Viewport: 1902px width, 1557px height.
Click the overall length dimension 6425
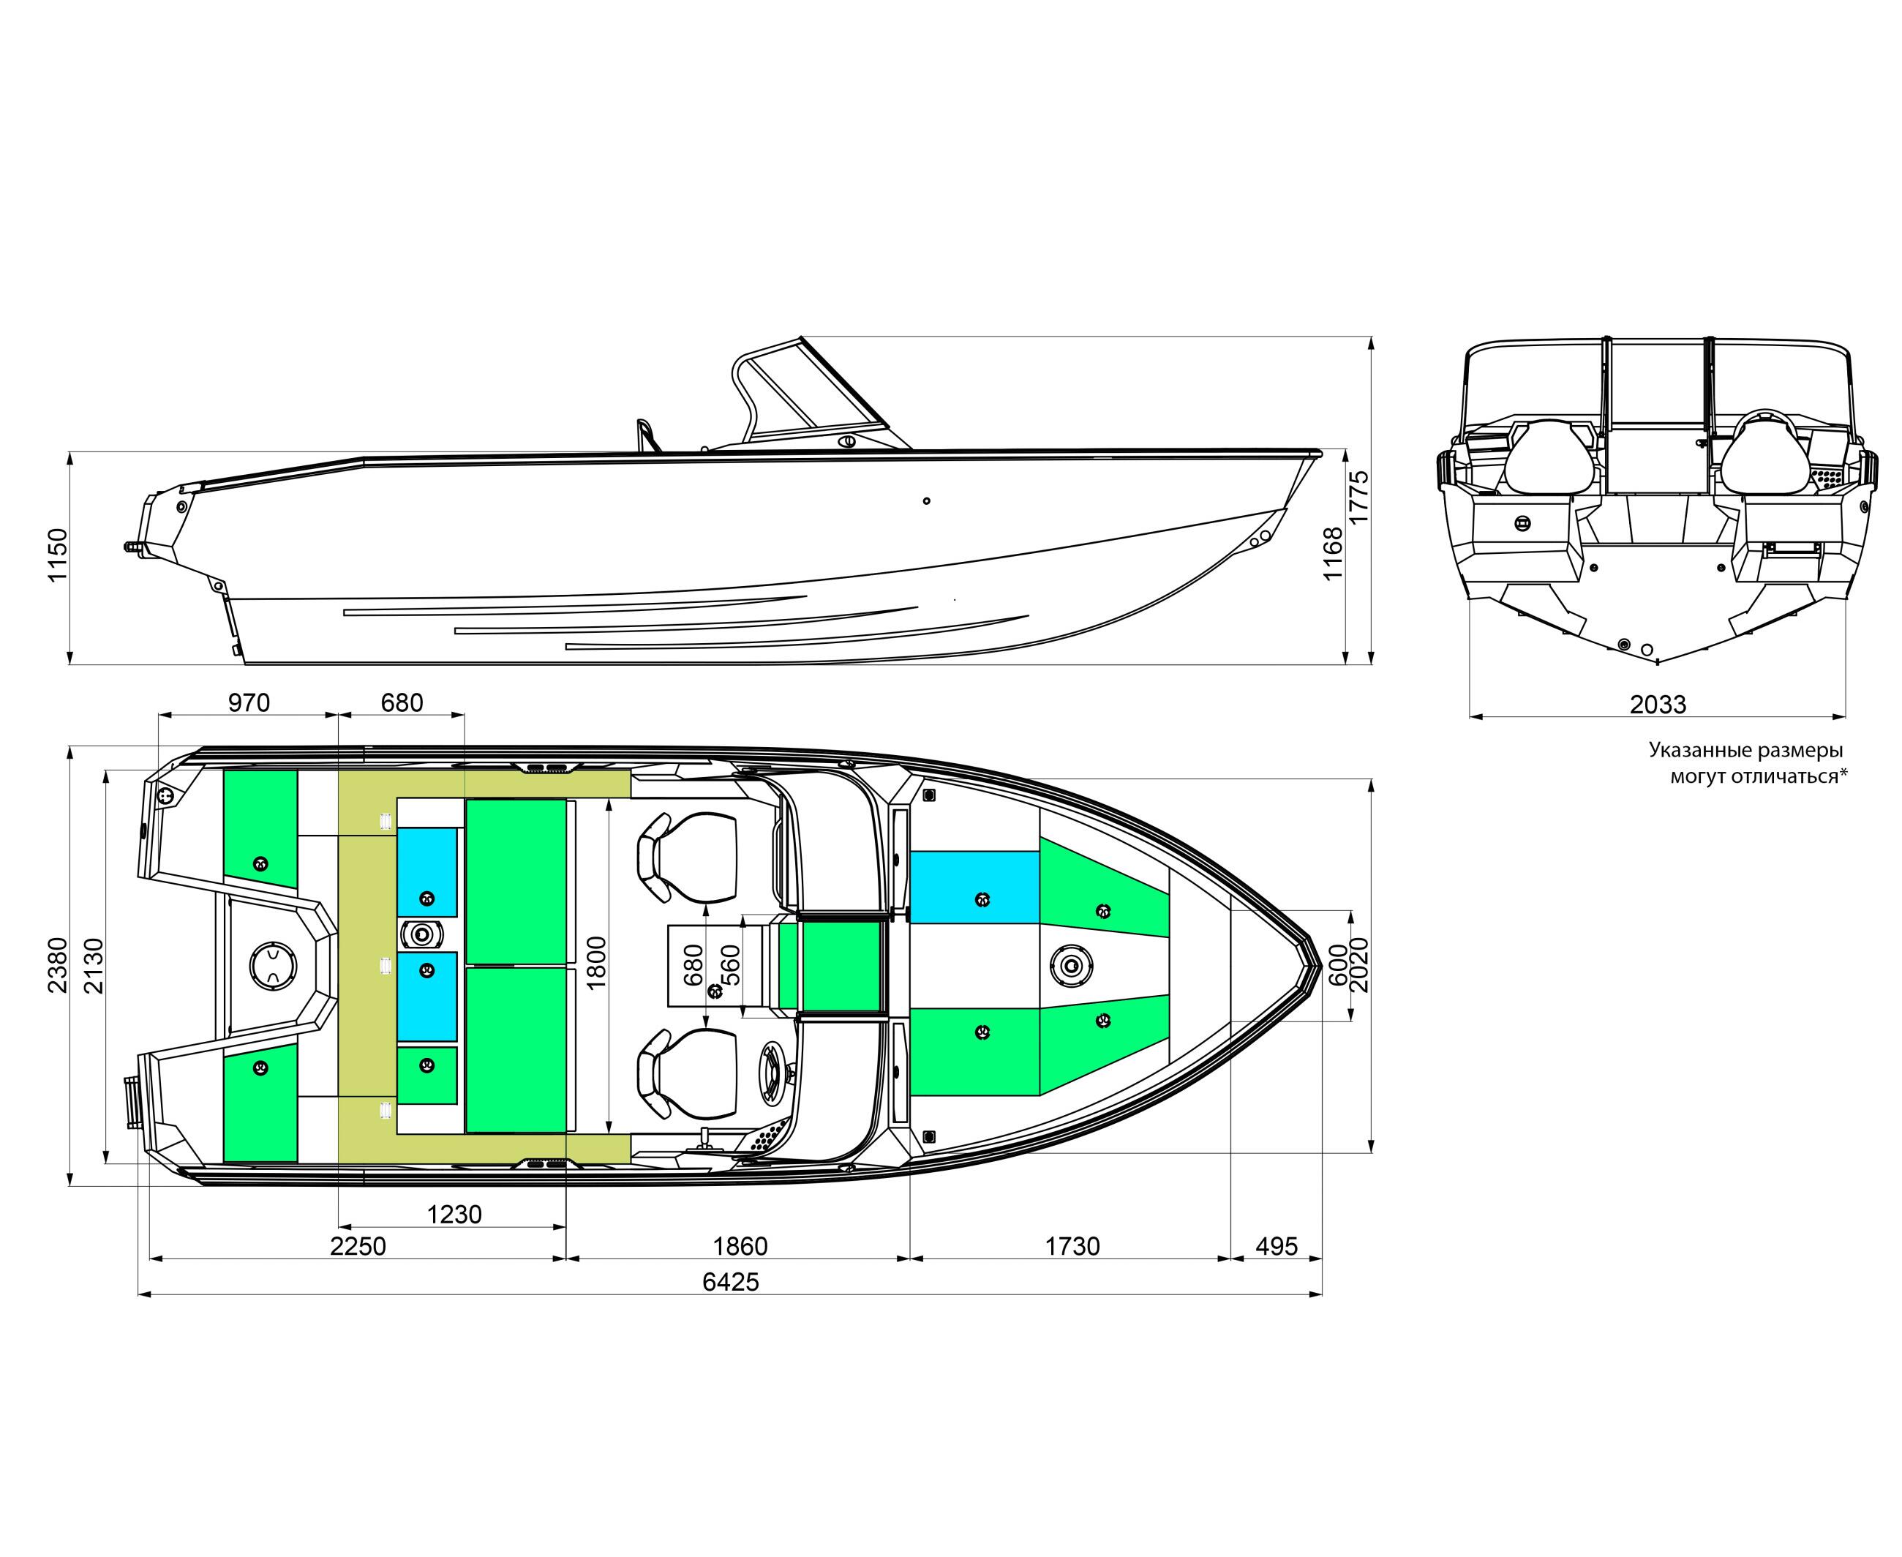pyautogui.click(x=730, y=1282)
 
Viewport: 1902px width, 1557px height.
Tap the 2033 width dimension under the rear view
pyautogui.click(x=1658, y=704)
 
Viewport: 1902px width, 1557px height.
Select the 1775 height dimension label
pyautogui.click(x=1358, y=497)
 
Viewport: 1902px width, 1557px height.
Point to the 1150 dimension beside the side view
pyautogui.click(x=57, y=555)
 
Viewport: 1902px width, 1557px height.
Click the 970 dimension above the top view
pyautogui.click(x=249, y=702)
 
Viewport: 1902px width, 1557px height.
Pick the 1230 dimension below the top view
pyautogui.click(x=454, y=1215)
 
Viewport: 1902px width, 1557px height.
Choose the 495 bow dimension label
pyautogui.click(x=1276, y=1246)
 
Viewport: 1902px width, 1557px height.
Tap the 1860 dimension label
pyautogui.click(x=740, y=1246)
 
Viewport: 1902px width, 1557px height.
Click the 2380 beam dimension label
pyautogui.click(x=57, y=965)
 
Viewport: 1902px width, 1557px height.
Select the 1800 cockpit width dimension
pyautogui.click(x=596, y=962)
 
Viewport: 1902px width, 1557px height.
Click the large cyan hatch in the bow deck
pyautogui.click(x=974, y=887)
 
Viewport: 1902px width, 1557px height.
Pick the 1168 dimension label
pyautogui.click(x=1334, y=553)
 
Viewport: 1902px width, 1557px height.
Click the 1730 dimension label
pyautogui.click(x=1072, y=1246)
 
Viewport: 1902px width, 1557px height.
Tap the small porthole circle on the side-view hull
pyautogui.click(x=926, y=500)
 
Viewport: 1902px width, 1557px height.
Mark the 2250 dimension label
pyautogui.click(x=358, y=1246)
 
